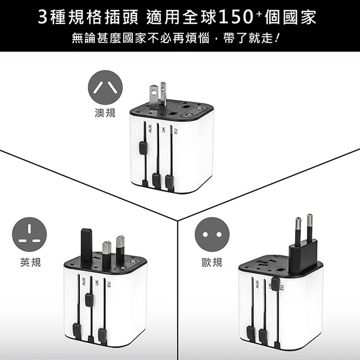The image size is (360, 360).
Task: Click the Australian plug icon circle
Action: point(105,88)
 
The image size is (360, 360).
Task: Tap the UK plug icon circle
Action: point(29,234)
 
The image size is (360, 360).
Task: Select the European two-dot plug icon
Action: point(212,234)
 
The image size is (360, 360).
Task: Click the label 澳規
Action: point(105,113)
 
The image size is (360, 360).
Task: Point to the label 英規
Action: point(30,262)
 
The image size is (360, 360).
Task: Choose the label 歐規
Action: point(212,262)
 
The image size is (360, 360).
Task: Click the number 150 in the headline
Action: point(236,17)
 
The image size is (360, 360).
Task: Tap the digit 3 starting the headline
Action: point(43,17)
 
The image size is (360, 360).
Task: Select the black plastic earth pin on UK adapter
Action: point(86,245)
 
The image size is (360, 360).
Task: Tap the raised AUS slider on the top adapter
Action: point(143,148)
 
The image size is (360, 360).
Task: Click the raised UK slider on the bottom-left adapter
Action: point(89,300)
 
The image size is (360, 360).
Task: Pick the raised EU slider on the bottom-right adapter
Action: point(275,284)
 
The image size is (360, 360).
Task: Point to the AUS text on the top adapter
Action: point(151,128)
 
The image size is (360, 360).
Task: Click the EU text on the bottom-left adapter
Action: point(109,285)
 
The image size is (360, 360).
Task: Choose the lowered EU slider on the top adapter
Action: point(169,181)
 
